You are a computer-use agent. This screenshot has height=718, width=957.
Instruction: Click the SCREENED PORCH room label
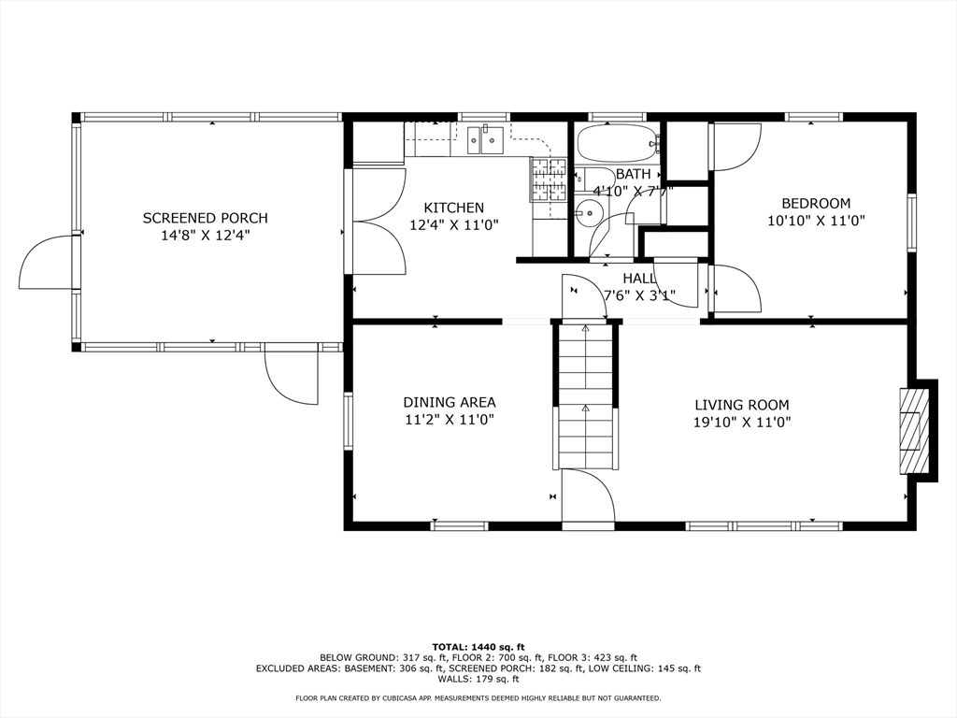click(205, 218)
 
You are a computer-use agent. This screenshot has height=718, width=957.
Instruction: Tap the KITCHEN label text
click(454, 208)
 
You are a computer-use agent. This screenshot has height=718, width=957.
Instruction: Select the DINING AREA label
click(450, 402)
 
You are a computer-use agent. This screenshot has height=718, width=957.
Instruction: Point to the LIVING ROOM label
click(741, 405)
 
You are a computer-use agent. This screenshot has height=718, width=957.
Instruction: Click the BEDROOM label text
click(816, 203)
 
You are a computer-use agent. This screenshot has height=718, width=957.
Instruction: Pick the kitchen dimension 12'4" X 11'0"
click(454, 224)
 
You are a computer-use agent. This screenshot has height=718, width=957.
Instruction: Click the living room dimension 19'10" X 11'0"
click(742, 422)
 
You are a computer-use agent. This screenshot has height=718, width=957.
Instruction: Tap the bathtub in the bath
click(617, 143)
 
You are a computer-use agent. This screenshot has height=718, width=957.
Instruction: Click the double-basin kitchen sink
click(485, 140)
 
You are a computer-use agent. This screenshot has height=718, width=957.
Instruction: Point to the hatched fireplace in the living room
click(912, 429)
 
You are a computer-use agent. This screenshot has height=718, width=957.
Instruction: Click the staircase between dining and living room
click(585, 395)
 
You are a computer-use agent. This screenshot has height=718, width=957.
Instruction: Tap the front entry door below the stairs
click(588, 495)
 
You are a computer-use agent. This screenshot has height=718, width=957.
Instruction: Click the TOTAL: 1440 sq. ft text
click(478, 647)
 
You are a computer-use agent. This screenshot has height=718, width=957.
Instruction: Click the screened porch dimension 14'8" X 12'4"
click(206, 235)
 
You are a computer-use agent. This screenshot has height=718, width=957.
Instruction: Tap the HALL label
click(639, 279)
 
